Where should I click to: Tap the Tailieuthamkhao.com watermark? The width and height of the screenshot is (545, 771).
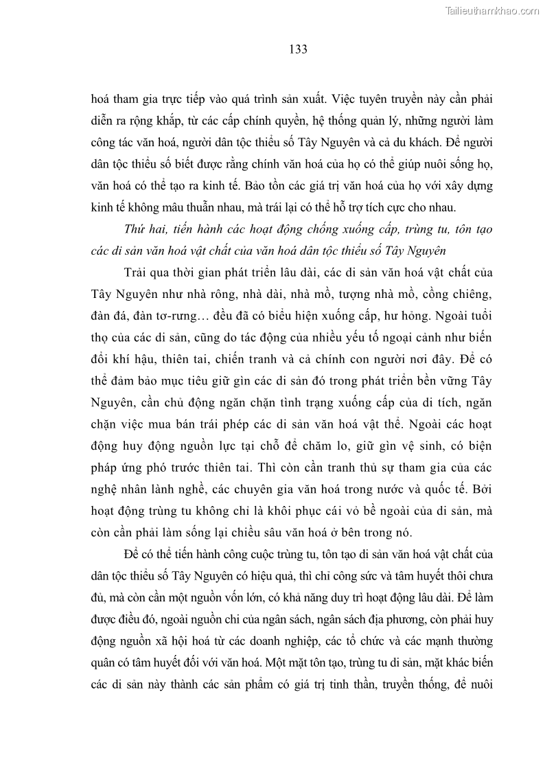tap(493, 10)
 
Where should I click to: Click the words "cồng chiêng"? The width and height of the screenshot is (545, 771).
tap(459, 295)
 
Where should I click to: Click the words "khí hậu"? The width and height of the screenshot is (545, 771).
tap(142, 360)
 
